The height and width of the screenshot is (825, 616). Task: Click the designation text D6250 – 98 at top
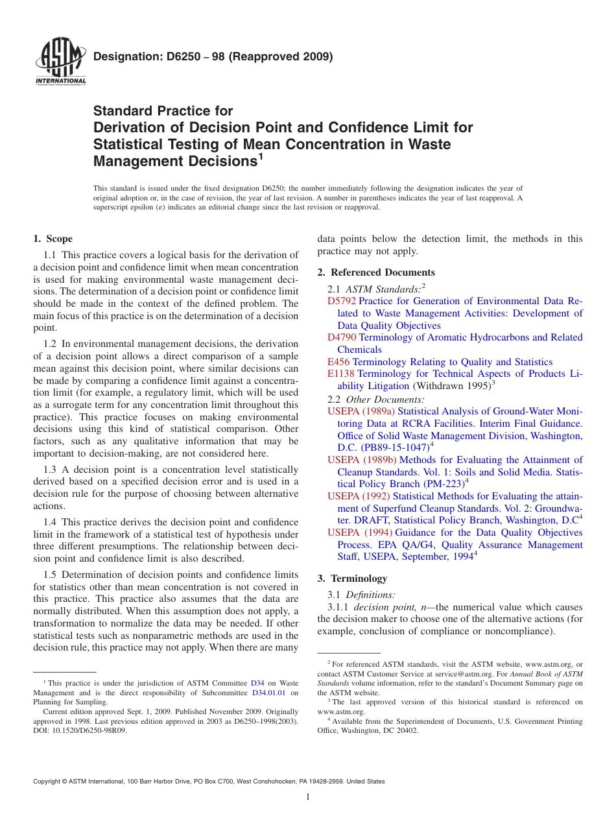click(213, 56)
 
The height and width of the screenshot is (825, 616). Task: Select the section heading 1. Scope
click(53, 239)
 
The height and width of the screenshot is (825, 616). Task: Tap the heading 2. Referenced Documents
click(376, 272)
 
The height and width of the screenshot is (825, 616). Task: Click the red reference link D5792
click(342, 301)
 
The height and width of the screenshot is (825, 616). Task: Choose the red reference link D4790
click(342, 337)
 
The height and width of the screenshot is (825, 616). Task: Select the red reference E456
click(338, 362)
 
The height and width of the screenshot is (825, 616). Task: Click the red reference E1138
click(341, 374)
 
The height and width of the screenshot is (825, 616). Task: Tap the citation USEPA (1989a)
click(361, 411)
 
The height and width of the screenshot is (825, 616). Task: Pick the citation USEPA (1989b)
click(361, 460)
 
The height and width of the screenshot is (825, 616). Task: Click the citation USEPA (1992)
click(359, 496)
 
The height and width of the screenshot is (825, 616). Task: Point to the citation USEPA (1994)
click(360, 532)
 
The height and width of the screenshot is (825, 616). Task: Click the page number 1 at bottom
click(308, 797)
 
